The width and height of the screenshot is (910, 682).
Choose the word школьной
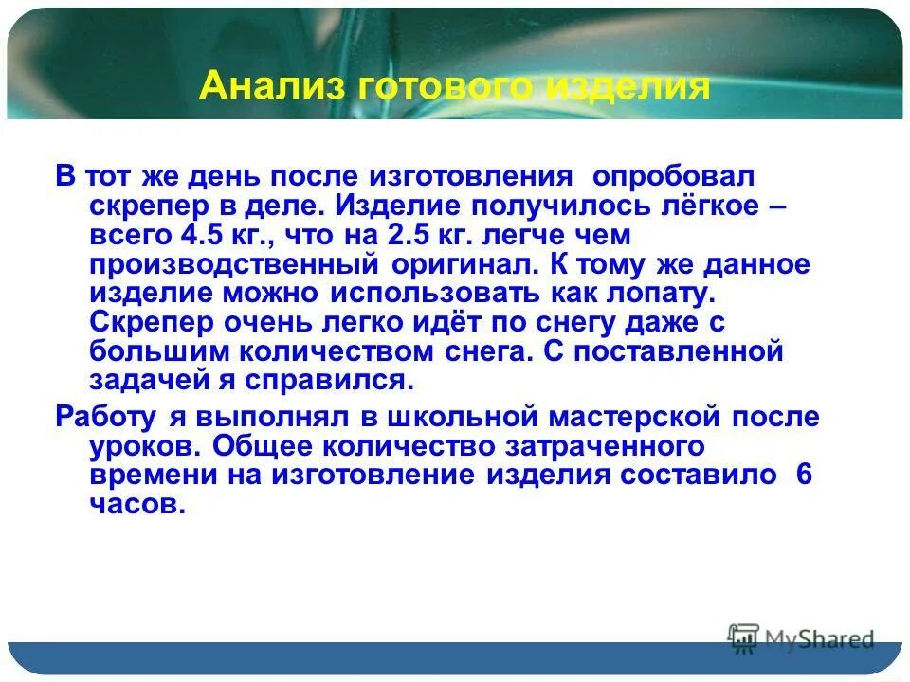coord(453,417)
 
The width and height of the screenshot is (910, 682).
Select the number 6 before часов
coord(805,476)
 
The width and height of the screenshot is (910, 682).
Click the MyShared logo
coord(801,638)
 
